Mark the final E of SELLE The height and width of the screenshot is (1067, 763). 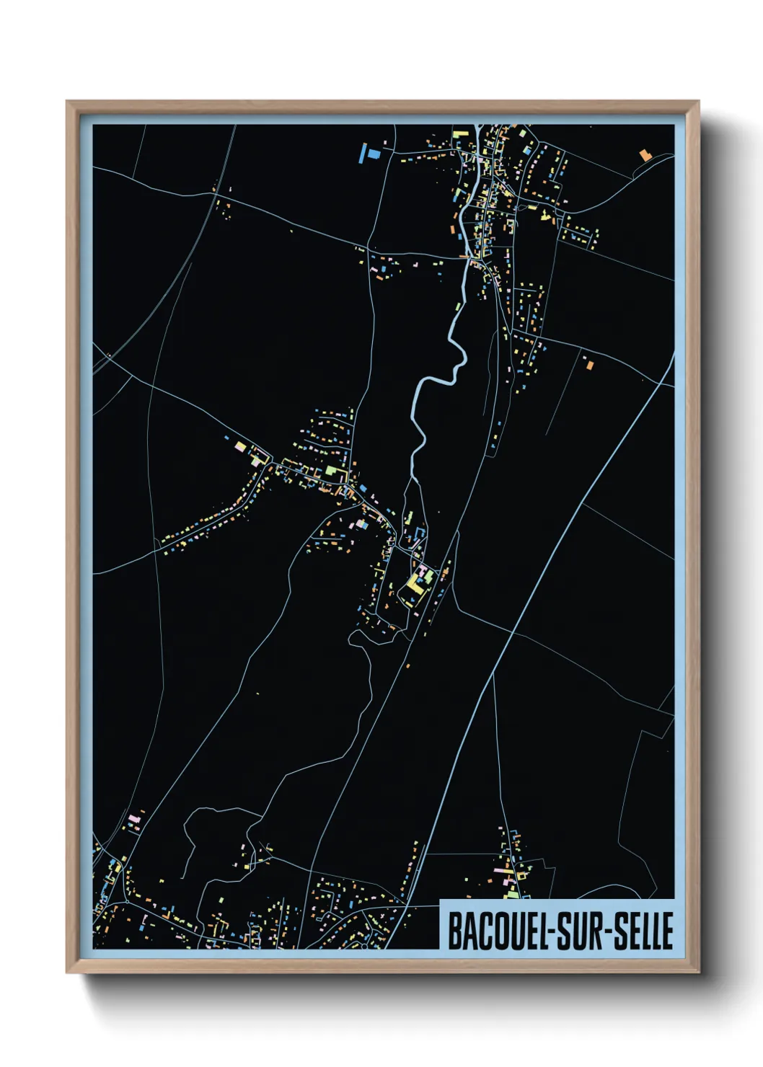click(667, 931)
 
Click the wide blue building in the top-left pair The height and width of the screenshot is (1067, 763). click(374, 154)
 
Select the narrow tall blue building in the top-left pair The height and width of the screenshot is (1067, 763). click(363, 153)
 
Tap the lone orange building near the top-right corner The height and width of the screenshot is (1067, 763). click(644, 154)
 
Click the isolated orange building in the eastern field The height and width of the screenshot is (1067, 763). click(589, 365)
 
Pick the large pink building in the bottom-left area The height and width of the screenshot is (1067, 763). click(133, 819)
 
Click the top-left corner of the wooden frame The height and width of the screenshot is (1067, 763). click(68, 102)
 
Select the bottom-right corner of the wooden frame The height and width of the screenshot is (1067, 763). click(698, 972)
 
